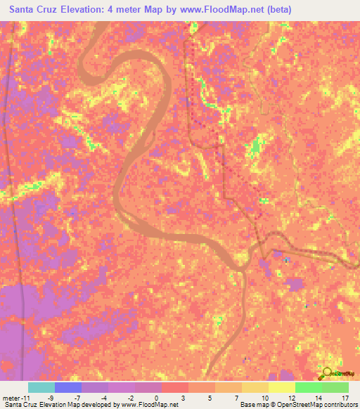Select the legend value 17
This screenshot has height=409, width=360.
[345, 398]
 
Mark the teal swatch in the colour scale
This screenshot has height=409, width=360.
[41, 387]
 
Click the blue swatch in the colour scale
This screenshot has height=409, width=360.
[67, 387]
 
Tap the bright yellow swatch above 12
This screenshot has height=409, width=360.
[282, 387]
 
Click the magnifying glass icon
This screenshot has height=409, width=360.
[326, 373]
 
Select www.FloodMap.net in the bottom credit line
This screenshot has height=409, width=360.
[148, 405]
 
